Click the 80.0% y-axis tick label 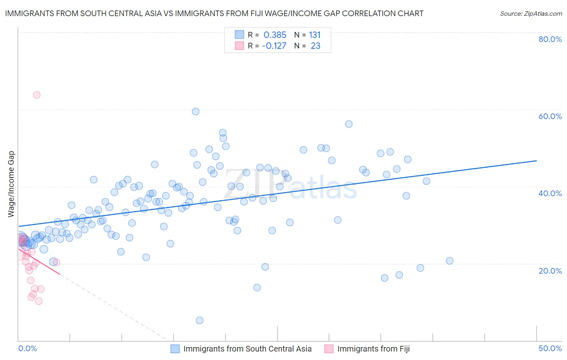click(x=550, y=39)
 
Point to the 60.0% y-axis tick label click(x=550, y=116)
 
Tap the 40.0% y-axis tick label click(x=550, y=193)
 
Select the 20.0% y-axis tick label click(x=550, y=270)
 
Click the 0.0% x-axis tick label click(x=28, y=348)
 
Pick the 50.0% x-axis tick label click(x=550, y=348)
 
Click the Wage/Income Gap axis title click(x=11, y=184)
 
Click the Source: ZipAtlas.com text click(x=531, y=14)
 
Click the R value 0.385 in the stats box click(x=275, y=35)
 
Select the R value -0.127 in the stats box click(x=274, y=46)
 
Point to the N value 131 click(x=315, y=35)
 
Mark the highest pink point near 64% click(x=37, y=95)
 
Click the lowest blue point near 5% click(x=200, y=320)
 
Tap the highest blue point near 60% click(x=196, y=111)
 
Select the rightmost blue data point click(x=450, y=261)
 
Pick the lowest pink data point click(x=39, y=301)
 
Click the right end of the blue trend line click(x=536, y=161)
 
